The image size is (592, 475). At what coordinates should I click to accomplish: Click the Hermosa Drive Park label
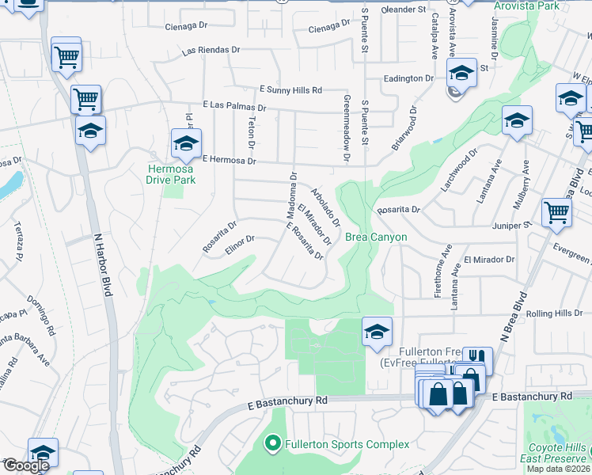170,173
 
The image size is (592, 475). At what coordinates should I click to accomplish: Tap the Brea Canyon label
376,237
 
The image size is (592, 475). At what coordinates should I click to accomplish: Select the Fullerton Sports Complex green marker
273,444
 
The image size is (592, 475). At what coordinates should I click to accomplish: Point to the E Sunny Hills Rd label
290,90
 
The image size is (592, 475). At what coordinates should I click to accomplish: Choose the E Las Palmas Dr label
234,105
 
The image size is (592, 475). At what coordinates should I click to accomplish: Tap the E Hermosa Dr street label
230,160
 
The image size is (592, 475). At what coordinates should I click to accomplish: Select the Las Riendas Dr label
211,50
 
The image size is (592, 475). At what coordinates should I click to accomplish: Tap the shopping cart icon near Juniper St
556,211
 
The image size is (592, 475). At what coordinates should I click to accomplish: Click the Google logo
25,466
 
